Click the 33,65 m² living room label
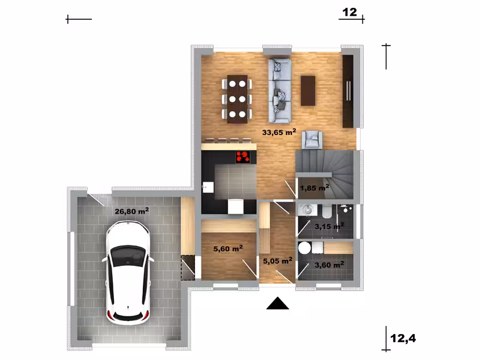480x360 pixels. pos(279,132)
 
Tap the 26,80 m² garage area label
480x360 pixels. pos(131,211)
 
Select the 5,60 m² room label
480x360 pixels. pos(228,248)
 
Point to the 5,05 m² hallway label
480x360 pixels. pos(278,260)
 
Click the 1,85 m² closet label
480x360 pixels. pos(314,188)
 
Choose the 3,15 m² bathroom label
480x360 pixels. pos(329,226)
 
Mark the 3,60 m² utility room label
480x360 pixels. pos(329,265)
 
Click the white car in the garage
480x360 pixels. pos(128,272)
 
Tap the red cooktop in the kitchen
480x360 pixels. pos(242,157)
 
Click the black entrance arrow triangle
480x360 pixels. pos(278,304)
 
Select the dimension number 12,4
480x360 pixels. pos(403,338)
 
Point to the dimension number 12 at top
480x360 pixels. pos(350,12)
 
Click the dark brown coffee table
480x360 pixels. pos(308,91)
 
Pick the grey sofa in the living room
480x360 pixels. pos(280,91)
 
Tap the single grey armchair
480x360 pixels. pos(312,140)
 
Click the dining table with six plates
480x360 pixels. pos(237,99)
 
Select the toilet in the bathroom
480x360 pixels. pos(326,212)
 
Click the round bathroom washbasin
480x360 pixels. pos(307,210)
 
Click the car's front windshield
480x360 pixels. pos(128,256)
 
